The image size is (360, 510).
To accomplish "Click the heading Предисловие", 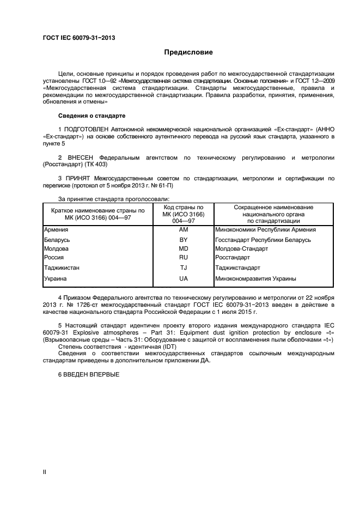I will click(x=188, y=52).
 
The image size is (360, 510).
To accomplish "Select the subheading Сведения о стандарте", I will click(x=91, y=116).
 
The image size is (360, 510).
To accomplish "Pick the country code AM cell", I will click(x=183, y=229).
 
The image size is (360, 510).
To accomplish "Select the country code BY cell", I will click(x=183, y=240).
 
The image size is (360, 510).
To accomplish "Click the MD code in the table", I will click(x=183, y=248).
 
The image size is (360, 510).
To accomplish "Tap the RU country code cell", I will click(x=183, y=257).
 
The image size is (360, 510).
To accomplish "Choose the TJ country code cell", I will click(x=183, y=268).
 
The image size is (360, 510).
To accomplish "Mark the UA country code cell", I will click(x=183, y=278).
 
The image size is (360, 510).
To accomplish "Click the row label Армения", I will click(x=56, y=229).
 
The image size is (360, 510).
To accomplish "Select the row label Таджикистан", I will click(x=62, y=268).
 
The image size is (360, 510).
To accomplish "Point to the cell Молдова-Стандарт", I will click(x=242, y=248).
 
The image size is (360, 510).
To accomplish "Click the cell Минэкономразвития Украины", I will click(x=256, y=278).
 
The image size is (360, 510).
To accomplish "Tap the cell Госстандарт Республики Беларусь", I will click(x=263, y=240).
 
